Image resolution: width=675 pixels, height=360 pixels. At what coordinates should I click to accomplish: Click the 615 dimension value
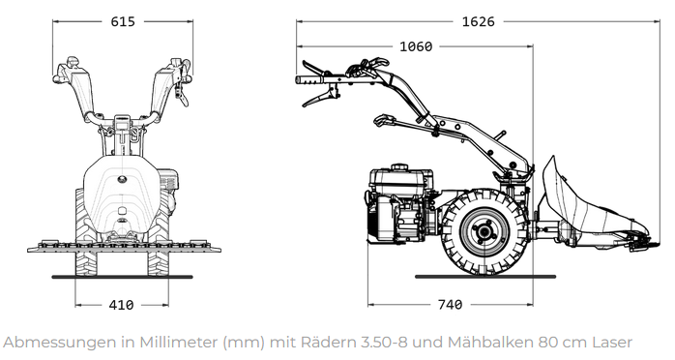(x=121, y=22)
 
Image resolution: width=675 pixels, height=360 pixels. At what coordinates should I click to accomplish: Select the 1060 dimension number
(x=415, y=46)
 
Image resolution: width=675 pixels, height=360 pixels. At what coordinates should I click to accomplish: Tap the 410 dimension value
(x=121, y=305)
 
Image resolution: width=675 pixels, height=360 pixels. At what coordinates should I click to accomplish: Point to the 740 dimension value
(x=450, y=305)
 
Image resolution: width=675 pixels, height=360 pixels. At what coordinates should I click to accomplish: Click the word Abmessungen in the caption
(x=53, y=342)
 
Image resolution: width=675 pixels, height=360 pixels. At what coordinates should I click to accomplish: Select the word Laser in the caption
(x=611, y=342)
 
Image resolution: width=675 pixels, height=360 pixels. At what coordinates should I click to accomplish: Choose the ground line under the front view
(x=121, y=277)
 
